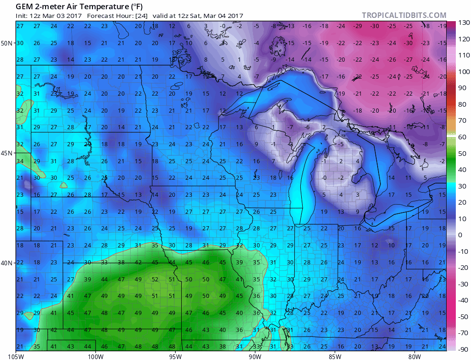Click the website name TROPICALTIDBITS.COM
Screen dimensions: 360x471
(404, 16)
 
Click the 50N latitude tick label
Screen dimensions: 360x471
(7, 43)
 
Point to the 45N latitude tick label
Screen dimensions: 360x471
(7, 153)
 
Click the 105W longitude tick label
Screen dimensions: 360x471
(16, 355)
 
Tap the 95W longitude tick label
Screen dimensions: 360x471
(175, 355)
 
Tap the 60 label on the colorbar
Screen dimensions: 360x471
(462, 137)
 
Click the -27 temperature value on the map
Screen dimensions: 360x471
(408, 60)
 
